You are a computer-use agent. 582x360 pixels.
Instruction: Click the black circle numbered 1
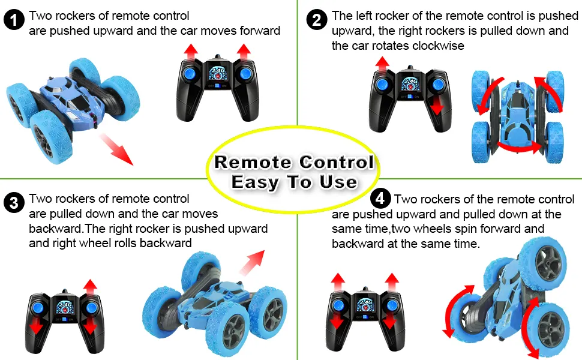click(14, 20)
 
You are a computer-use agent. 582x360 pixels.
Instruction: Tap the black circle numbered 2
click(317, 20)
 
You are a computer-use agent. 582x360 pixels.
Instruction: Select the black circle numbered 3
click(14, 203)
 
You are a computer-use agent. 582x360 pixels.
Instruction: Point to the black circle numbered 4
click(380, 198)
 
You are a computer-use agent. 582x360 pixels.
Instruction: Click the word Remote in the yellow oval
click(253, 162)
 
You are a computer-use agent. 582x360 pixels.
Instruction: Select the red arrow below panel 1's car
click(116, 149)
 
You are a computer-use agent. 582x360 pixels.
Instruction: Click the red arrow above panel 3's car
click(253, 262)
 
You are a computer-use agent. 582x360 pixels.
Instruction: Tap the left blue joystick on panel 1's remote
click(190, 73)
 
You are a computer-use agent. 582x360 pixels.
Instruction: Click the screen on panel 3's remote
click(65, 307)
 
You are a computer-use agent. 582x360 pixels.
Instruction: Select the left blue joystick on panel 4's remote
click(338, 305)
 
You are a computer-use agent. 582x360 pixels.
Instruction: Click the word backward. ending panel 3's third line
click(56, 229)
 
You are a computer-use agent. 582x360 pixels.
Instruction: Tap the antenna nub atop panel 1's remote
click(218, 57)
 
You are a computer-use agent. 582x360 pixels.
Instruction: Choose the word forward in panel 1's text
click(260, 31)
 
